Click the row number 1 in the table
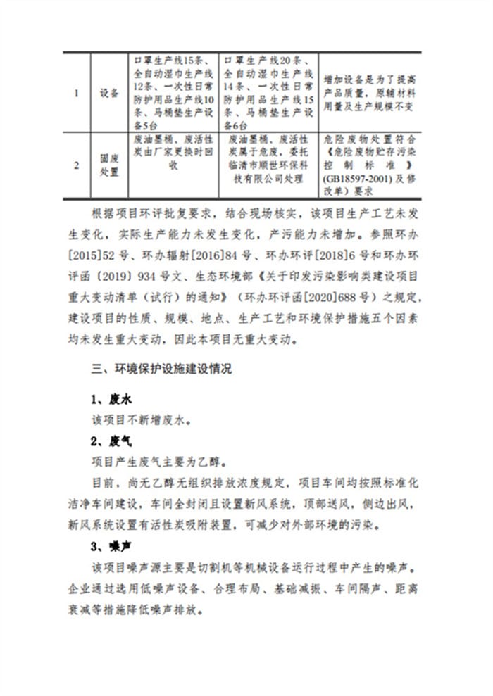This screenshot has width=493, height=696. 77,93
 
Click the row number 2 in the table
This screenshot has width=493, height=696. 77,165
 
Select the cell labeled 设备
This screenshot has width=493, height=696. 109,93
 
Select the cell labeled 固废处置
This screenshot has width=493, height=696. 109,165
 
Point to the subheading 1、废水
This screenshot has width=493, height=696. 111,399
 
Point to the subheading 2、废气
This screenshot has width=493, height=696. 111,442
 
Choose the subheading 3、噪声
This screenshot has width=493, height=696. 111,545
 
